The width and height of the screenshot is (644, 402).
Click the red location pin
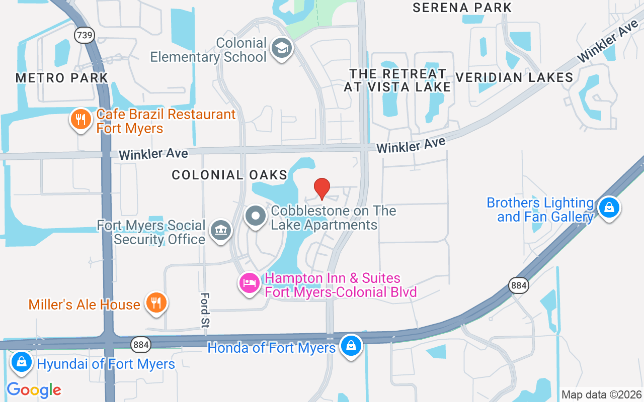coord(322,189)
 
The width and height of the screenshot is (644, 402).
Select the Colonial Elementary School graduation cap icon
coord(281,49)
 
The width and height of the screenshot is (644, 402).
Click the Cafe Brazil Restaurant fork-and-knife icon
coord(80,120)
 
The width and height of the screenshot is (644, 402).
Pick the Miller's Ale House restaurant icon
coord(156,303)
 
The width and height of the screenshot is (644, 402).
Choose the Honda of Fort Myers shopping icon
coord(351,346)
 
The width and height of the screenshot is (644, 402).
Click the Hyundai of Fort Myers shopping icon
coord(22,362)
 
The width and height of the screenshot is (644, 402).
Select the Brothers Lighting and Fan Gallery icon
coord(609,207)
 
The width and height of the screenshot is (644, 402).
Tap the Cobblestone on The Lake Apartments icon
coord(256,217)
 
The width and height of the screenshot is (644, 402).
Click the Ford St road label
coord(205,310)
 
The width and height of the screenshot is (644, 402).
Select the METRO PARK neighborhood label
coord(62,78)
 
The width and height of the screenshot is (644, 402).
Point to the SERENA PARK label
coord(462,8)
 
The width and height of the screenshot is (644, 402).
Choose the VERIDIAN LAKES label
coord(514,77)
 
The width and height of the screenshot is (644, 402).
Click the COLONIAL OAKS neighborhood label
coord(229,175)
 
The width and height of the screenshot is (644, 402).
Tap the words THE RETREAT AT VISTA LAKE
coord(397,80)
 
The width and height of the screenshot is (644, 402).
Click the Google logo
coord(34,389)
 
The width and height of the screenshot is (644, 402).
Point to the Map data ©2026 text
coord(601,394)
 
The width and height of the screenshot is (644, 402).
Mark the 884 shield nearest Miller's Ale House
coord(140,344)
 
